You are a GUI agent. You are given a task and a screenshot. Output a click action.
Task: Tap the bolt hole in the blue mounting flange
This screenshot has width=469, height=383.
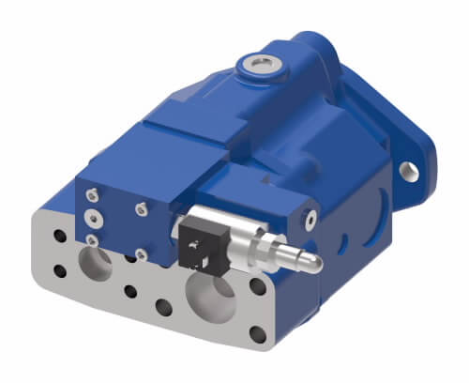click(409, 171)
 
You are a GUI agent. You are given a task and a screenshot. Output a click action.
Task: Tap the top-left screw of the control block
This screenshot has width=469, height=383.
click(90, 193)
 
